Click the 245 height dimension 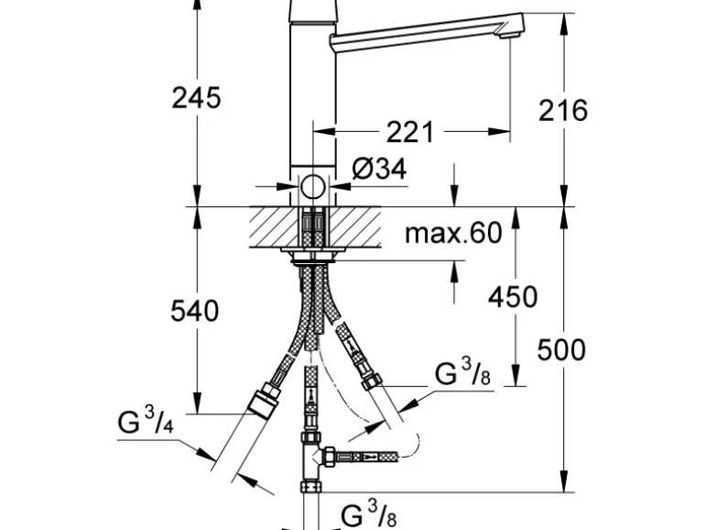196,96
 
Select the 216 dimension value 562,110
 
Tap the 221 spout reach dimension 408,133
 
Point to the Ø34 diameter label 379,169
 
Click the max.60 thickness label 453,233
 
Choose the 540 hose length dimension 195,311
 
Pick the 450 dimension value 513,296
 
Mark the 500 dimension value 560,349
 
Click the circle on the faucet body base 313,188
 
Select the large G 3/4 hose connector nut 264,403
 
